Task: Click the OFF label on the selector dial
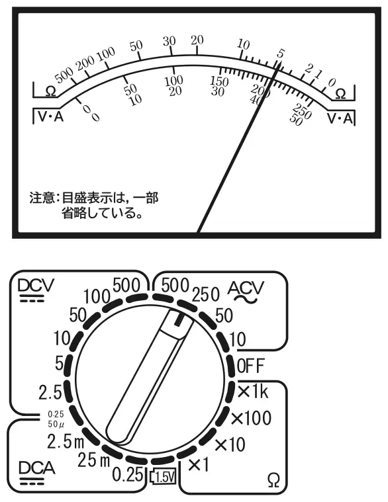click(251, 366)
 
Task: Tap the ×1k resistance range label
click(253, 392)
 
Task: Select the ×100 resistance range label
click(251, 418)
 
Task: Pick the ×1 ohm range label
click(199, 464)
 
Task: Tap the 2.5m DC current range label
click(66, 442)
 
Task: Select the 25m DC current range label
click(94, 460)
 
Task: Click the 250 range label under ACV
click(206, 294)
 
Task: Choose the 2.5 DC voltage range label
click(50, 392)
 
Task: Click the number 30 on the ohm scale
click(169, 41)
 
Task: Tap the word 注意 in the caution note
click(42, 198)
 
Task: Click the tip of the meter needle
click(280, 60)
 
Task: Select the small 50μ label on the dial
click(56, 424)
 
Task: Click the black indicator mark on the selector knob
click(178, 320)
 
